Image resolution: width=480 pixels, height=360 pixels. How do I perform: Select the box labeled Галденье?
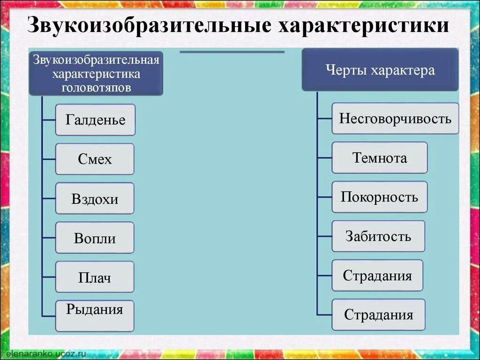click(95, 120)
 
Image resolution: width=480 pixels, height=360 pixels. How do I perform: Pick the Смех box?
click(95, 159)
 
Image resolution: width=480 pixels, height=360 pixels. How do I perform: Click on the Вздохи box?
click(95, 199)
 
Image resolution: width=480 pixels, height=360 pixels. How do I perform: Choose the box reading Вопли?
click(95, 238)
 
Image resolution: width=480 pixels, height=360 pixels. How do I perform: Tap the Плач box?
click(95, 277)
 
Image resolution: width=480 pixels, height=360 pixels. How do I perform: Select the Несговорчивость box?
click(395, 119)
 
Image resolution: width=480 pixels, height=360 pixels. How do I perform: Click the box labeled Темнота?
click(380, 158)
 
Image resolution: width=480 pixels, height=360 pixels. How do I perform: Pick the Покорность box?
click(380, 197)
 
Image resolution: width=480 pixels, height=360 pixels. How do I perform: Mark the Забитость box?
click(378, 236)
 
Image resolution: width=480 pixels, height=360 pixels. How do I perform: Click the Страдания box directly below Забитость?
click(377, 276)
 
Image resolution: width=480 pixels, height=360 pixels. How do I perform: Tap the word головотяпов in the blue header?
click(96, 87)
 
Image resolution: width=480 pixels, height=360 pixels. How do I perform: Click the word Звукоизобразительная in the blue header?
click(96, 60)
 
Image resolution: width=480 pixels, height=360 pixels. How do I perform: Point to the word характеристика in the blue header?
click(96, 74)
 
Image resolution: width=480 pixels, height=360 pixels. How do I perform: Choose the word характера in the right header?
click(403, 70)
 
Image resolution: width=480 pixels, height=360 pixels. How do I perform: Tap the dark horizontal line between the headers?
click(232, 52)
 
